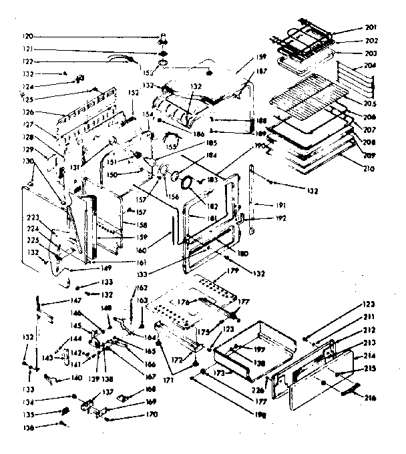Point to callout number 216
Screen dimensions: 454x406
point(371,399)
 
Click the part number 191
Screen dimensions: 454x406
point(280,204)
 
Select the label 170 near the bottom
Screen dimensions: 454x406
point(152,415)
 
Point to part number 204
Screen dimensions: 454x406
point(371,66)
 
